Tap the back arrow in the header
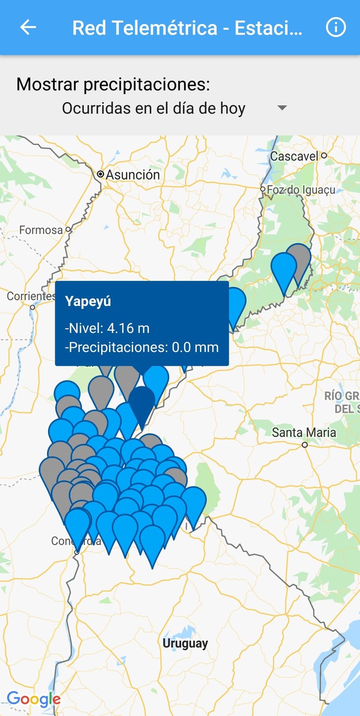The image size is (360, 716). click(x=28, y=27)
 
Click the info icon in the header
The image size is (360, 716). click(x=336, y=27)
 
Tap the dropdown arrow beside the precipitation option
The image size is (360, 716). click(x=282, y=108)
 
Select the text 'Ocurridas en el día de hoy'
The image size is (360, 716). click(x=153, y=108)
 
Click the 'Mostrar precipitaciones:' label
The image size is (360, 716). click(x=113, y=84)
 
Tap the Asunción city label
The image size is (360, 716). click(x=133, y=175)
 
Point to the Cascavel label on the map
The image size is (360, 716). click(x=295, y=156)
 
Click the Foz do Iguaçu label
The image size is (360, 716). click(x=301, y=190)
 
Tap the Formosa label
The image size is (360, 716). click(x=41, y=230)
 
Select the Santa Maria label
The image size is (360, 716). click(x=304, y=432)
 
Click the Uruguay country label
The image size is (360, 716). click(x=185, y=643)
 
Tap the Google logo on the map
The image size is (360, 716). click(x=34, y=699)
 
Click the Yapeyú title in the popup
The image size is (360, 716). click(x=88, y=302)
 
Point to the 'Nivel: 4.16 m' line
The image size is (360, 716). click(x=107, y=328)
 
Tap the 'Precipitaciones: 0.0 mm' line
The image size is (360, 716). click(x=142, y=347)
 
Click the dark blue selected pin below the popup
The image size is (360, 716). click(x=142, y=403)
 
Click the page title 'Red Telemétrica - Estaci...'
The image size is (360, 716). click(x=187, y=27)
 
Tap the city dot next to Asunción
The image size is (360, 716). click(x=101, y=175)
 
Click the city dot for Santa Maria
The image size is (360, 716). click(x=305, y=445)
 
